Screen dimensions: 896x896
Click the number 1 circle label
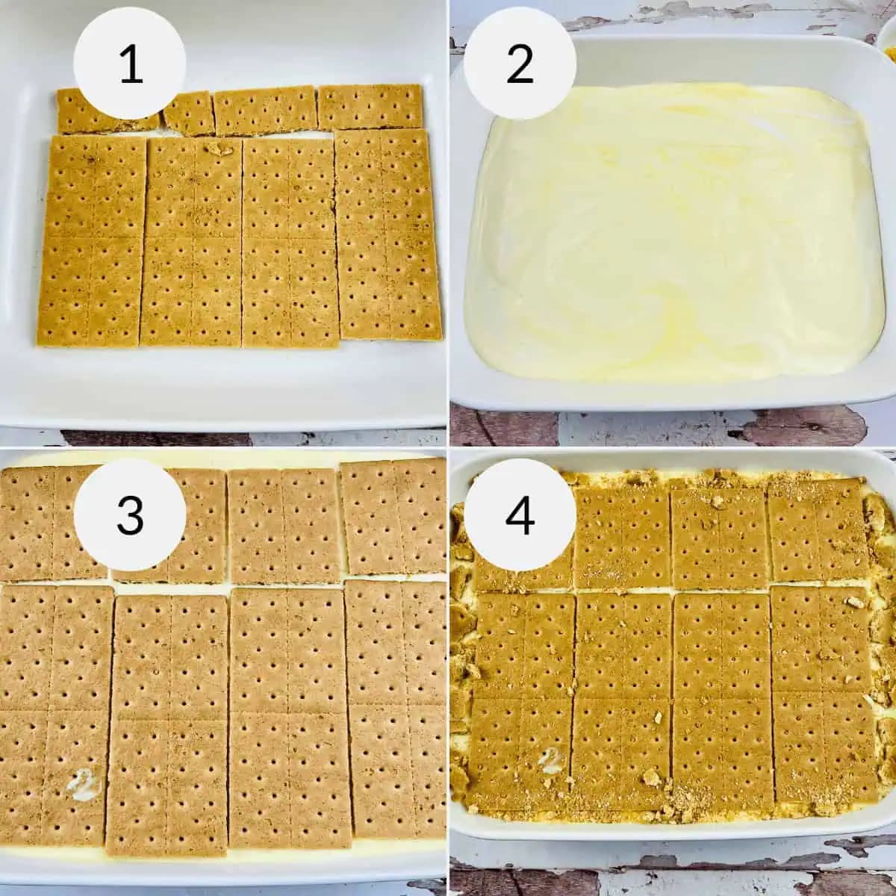(131, 63)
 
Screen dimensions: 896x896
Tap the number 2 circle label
(520, 63)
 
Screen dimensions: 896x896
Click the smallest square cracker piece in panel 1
(187, 113)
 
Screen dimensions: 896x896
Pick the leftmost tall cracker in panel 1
(93, 240)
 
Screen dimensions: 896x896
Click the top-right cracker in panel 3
(394, 515)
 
